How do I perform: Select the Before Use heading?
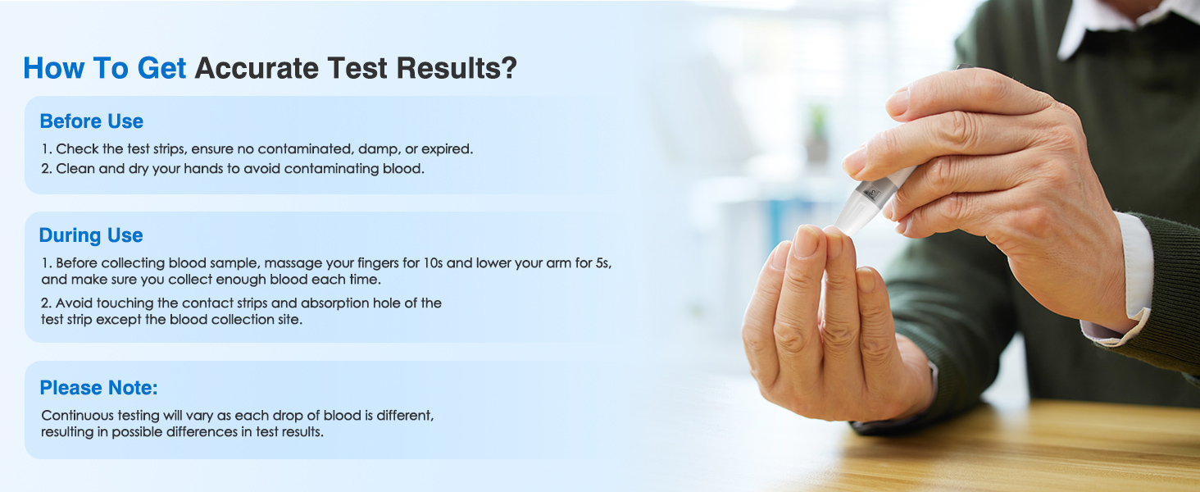coord(91,121)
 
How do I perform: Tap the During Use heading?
coord(91,235)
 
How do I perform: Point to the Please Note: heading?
coord(98,388)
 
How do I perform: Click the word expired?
coord(446,149)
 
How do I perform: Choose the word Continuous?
coord(79,416)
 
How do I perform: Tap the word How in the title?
coord(53,68)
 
